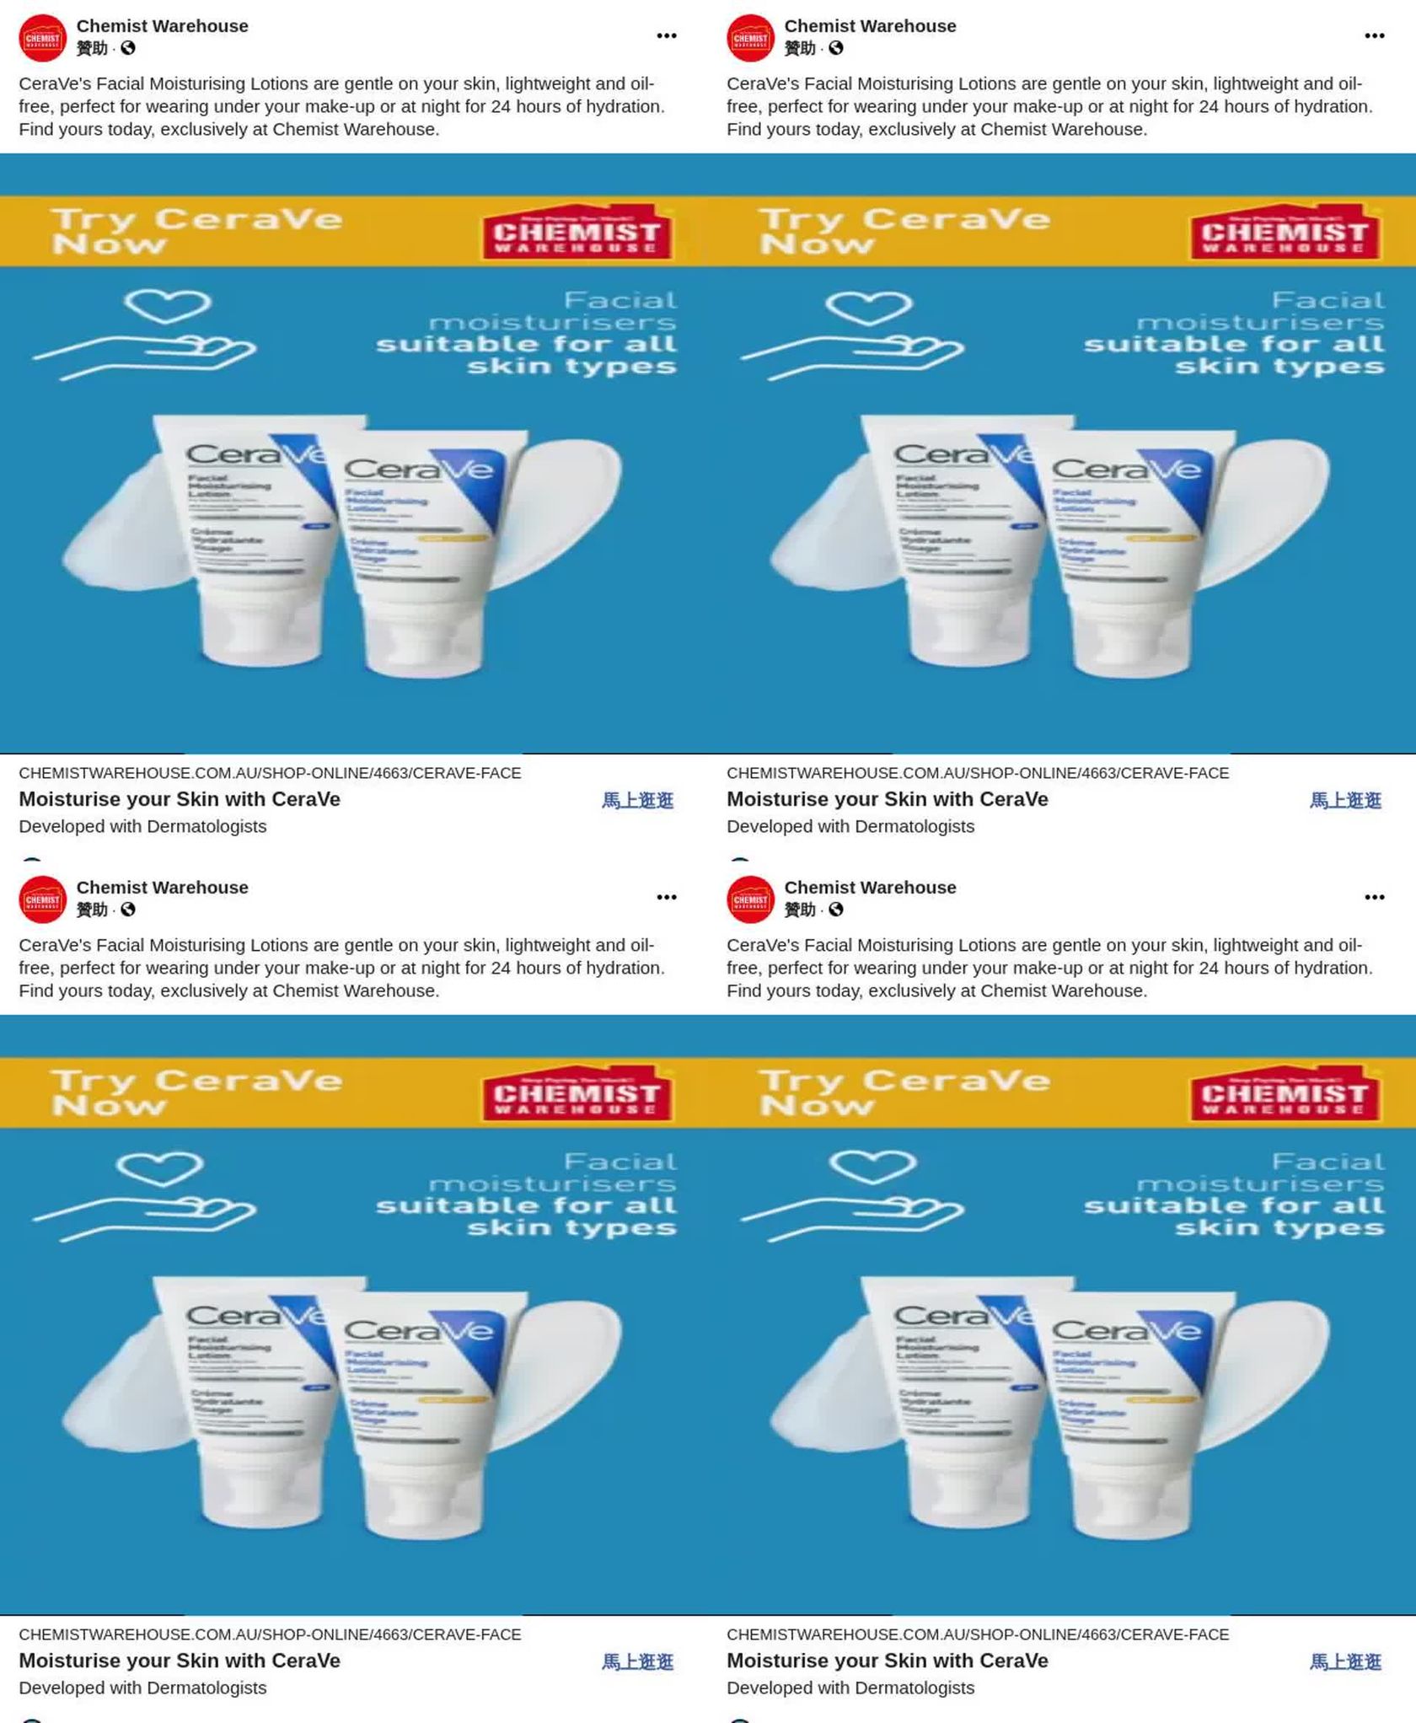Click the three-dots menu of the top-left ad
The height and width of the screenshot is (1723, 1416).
point(666,35)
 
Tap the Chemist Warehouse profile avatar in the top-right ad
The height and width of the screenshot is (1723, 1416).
point(750,38)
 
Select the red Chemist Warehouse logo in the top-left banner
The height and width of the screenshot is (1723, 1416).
point(577,233)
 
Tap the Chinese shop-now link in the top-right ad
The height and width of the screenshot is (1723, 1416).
point(1345,800)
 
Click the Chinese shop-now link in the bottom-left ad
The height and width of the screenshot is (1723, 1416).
point(637,1661)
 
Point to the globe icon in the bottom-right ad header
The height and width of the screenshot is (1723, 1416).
point(835,910)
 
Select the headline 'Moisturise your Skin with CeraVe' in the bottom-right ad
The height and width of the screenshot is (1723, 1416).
point(888,1661)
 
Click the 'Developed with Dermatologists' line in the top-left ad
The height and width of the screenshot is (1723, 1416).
point(142,826)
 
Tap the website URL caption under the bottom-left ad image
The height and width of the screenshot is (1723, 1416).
point(270,1634)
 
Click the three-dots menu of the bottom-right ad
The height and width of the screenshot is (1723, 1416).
point(1374,897)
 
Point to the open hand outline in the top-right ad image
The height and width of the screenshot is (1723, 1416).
point(851,354)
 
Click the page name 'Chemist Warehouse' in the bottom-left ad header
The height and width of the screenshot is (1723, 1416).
point(162,888)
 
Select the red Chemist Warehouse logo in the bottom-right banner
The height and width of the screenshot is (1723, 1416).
point(1285,1094)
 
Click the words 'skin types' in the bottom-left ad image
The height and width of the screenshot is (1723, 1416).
point(571,1227)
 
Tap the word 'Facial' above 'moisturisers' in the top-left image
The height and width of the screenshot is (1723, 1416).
point(619,300)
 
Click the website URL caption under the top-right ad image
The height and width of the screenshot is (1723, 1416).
point(978,773)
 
